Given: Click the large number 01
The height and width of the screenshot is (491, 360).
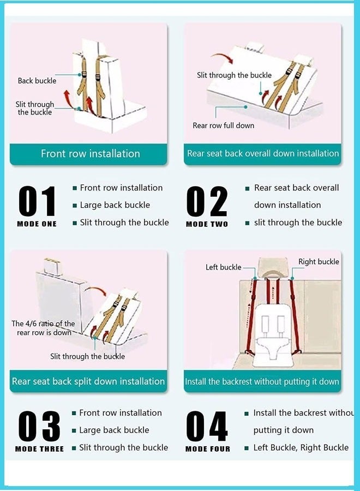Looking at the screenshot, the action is tap(37, 201).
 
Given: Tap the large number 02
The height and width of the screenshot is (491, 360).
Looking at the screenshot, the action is tap(207, 201).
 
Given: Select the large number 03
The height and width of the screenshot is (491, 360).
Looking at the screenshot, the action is tap(39, 426).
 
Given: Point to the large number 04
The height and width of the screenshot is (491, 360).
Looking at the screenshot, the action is tap(207, 426).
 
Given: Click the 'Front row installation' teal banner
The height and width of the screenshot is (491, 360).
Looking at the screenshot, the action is tap(88, 154).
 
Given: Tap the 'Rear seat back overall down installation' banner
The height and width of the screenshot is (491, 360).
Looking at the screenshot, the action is tap(262, 154).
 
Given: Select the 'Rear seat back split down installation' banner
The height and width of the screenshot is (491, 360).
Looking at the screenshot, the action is tap(88, 381).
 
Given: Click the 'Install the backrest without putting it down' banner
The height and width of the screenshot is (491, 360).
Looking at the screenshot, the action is tap(262, 381).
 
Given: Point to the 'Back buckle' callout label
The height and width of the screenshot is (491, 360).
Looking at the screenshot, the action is tap(37, 81).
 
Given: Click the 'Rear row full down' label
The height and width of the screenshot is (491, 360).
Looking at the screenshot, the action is tap(224, 125).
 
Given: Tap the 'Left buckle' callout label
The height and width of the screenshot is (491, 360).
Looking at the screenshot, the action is tap(224, 267).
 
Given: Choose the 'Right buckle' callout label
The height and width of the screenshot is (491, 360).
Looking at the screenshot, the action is tap(319, 262).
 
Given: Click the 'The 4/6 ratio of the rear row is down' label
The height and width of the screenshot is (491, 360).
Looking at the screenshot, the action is tap(43, 328).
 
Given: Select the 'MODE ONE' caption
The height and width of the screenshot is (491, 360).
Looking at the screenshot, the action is tap(37, 224).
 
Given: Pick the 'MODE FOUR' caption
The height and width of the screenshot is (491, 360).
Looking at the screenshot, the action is tap(208, 449).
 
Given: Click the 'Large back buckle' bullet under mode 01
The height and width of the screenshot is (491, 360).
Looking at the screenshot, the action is tap(115, 205).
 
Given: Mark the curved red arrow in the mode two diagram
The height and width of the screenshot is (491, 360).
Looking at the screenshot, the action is tap(221, 57).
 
